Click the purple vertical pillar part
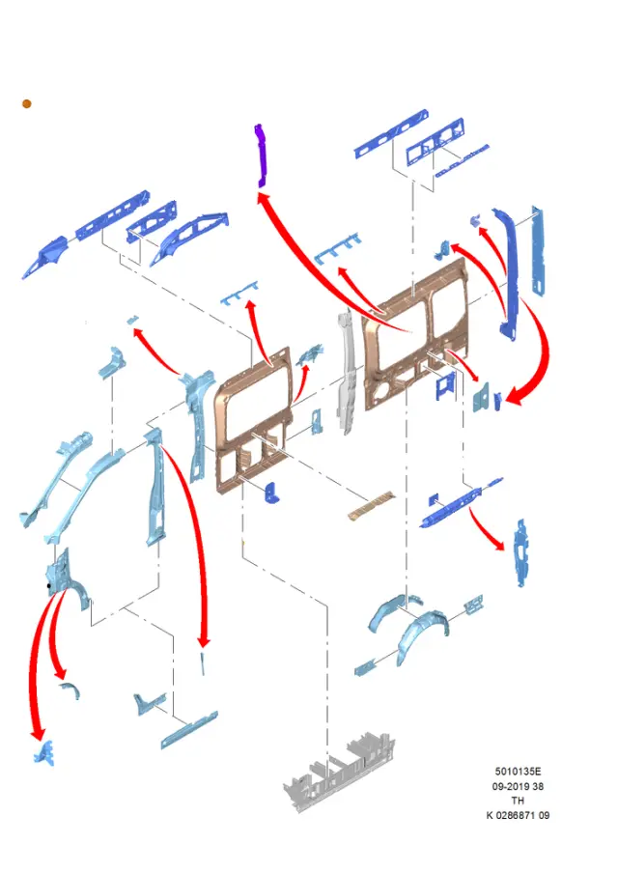pos(261,155)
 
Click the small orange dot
pos(27,103)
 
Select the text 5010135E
pos(518,771)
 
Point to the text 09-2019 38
pos(518,786)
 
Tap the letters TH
pos(518,801)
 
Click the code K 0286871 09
pos(518,815)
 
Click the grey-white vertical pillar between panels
pos(347,373)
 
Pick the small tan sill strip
pos(370,505)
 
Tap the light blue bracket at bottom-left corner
pos(44,753)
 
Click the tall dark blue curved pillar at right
pos(508,272)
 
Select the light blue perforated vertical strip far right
pos(538,250)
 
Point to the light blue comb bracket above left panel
pos(240,293)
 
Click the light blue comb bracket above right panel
pos(337,248)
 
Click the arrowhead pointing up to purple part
pos(263,197)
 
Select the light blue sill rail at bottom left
pos(189,729)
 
